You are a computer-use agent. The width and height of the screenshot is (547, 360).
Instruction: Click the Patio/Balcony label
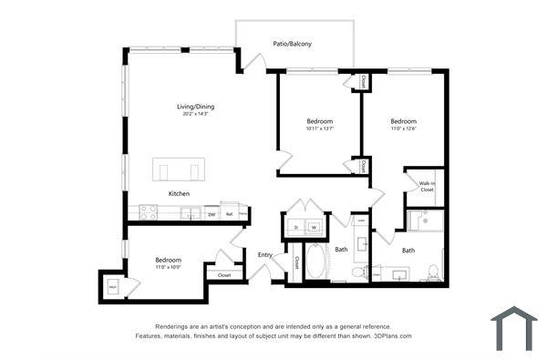pos(292,43)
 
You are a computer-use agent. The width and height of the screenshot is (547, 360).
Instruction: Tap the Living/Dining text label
pos(195,107)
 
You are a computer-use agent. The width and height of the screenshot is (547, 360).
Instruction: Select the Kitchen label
pos(179,194)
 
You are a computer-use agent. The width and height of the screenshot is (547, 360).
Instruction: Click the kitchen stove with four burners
pos(148,213)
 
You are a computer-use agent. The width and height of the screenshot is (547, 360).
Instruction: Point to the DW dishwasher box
pos(211,214)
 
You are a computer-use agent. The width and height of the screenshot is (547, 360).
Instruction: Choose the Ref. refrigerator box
pos(230,214)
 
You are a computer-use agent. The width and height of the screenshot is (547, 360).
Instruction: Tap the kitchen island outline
pos(179,170)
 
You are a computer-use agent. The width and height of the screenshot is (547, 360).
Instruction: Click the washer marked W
pos(314,226)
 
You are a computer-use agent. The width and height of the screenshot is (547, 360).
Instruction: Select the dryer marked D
pos(296,226)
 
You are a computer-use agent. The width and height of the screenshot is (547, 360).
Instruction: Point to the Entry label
pos(265,254)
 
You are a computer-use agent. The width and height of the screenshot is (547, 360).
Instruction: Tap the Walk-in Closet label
pos(427,187)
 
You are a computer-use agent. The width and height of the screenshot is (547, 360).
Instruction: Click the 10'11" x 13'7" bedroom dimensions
pos(319,129)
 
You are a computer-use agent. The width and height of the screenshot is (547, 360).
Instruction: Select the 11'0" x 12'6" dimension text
pos(404,129)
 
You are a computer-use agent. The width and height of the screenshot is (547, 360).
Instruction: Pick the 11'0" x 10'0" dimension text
pos(167,267)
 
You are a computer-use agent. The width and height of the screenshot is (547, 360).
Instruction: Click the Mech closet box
pos(112,286)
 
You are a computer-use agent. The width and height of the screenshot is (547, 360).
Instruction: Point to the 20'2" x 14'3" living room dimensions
pos(195,114)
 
